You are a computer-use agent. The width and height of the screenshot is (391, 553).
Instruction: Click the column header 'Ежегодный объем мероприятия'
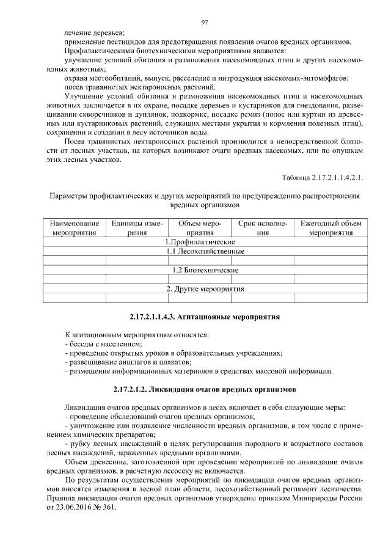(331, 228)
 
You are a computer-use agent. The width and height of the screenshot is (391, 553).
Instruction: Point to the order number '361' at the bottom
(109, 508)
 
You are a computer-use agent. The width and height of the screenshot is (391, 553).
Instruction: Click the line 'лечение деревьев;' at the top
(94, 32)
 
